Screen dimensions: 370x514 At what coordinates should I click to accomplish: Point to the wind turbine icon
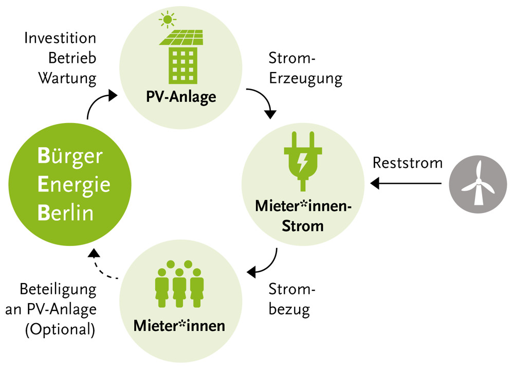tap(478, 184)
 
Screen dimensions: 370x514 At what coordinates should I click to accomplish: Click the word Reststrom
tap(408, 163)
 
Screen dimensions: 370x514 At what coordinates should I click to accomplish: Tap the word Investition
tap(61, 39)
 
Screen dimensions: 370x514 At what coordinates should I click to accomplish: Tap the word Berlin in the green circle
tap(66, 213)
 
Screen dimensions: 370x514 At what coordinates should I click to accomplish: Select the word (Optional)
tap(60, 330)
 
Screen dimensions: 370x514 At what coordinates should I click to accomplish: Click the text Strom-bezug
tap(292, 299)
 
